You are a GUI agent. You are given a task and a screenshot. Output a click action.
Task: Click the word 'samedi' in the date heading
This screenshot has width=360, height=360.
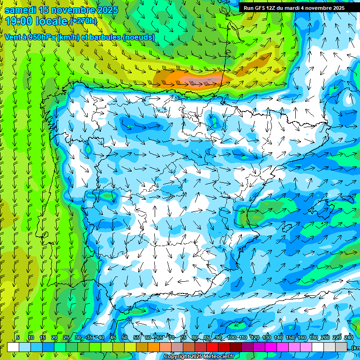click(x=21, y=10)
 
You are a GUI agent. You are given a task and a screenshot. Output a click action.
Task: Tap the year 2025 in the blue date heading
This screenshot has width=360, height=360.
click(x=105, y=10)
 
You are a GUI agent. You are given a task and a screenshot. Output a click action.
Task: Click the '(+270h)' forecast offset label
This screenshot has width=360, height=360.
click(x=83, y=21)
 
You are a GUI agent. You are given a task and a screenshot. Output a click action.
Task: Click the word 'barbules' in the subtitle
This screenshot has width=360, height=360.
click(x=101, y=37)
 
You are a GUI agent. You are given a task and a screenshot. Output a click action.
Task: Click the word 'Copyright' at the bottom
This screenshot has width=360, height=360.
click(x=178, y=357)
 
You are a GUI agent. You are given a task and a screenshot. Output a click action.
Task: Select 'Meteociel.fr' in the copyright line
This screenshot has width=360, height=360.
click(x=219, y=357)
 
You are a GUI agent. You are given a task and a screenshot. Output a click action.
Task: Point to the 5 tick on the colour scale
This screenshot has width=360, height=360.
click(x=18, y=338)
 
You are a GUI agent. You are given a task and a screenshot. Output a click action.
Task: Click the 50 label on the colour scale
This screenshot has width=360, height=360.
click(x=125, y=338)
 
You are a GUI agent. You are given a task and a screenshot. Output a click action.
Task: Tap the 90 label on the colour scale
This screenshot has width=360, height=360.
click(x=219, y=338)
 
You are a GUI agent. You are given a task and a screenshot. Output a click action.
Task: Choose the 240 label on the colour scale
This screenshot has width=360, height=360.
click(x=348, y=338)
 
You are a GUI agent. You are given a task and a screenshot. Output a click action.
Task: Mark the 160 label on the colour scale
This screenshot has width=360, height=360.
click(x=302, y=338)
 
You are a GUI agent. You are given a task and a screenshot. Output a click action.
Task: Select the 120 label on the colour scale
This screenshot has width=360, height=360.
click(x=255, y=338)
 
